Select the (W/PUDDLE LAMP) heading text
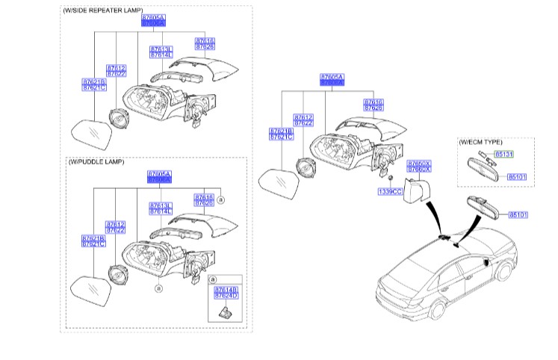pyautogui.click(x=96, y=161)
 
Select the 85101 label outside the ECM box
pyautogui.click(x=518, y=215)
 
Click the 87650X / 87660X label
pyautogui.click(x=418, y=167)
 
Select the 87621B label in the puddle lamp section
pyautogui.click(x=93, y=238)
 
